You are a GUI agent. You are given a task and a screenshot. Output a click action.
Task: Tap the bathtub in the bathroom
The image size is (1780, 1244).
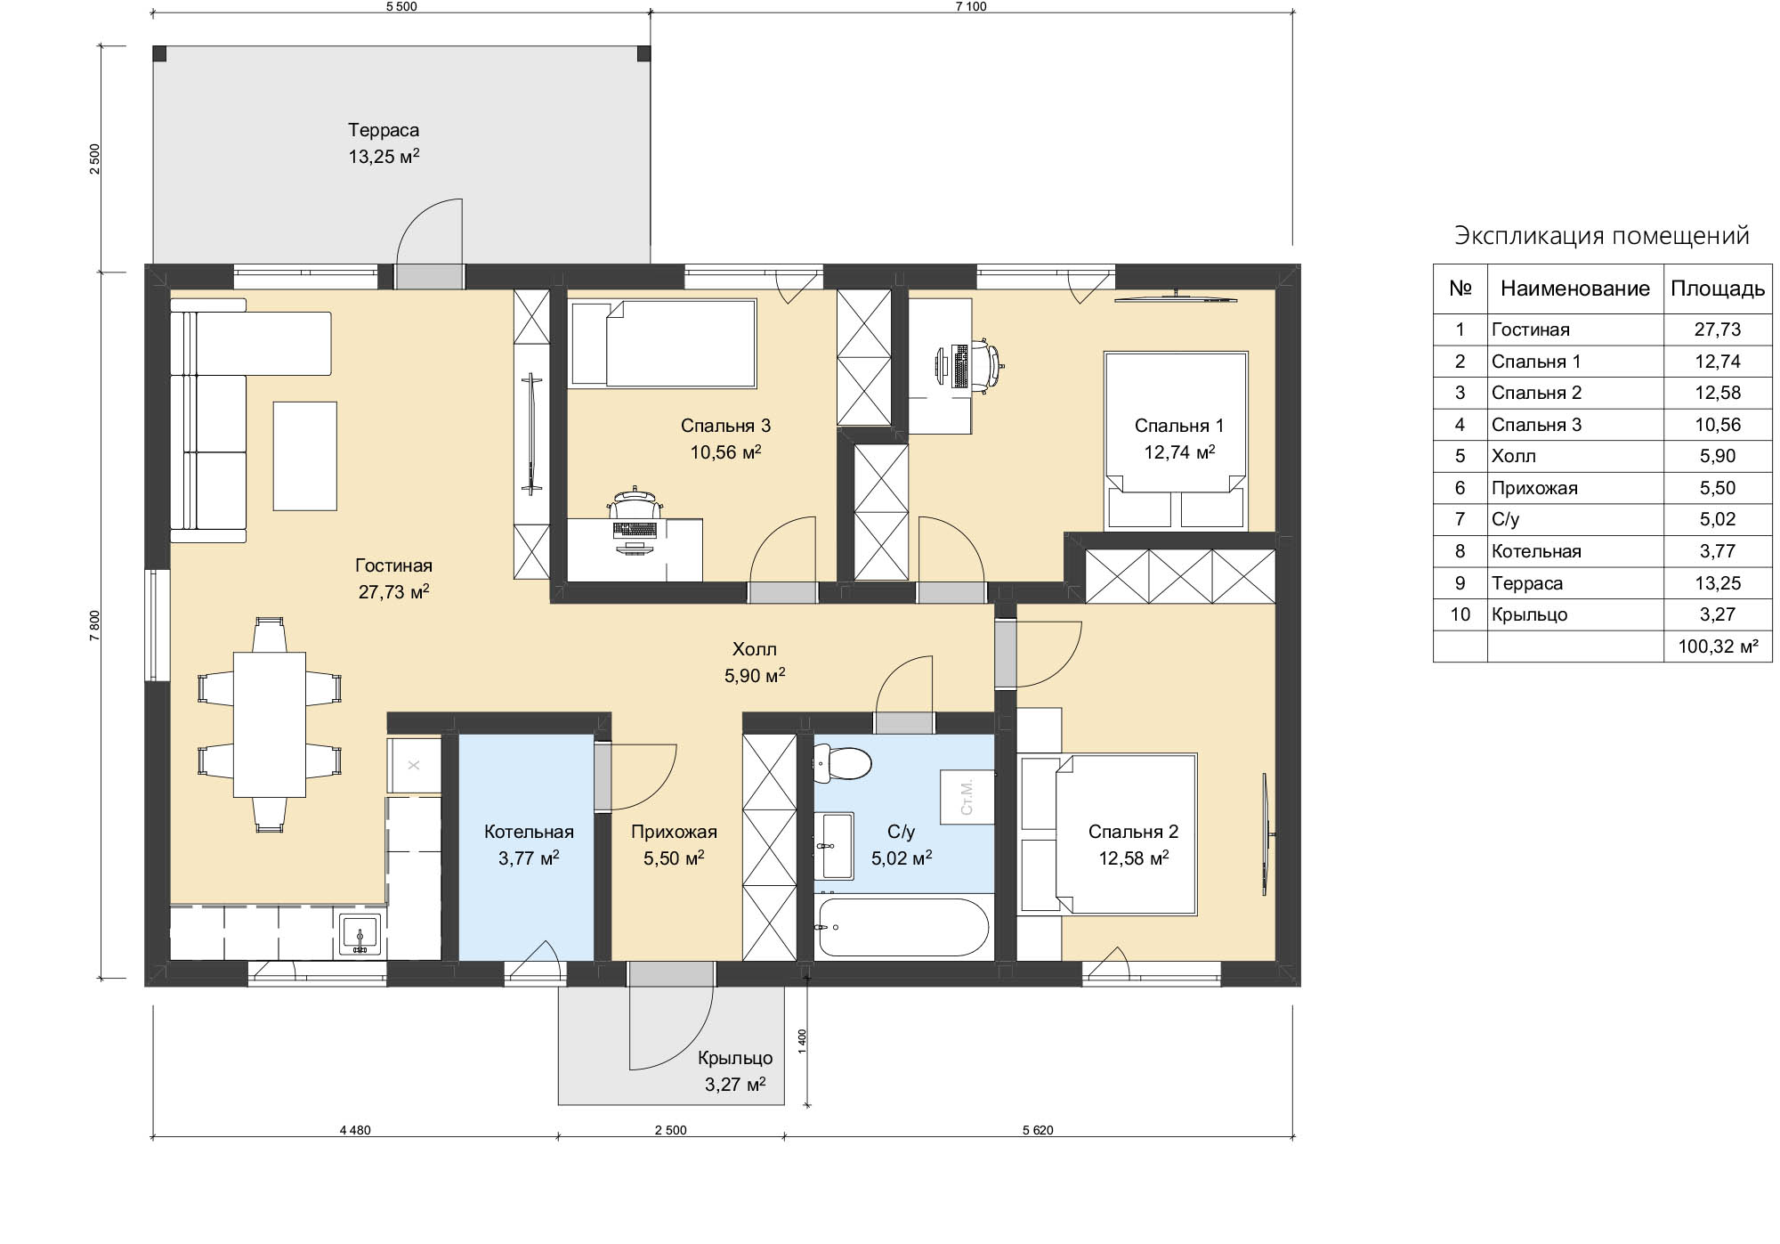point(902,927)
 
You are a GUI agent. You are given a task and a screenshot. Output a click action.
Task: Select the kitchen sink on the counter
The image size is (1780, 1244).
point(360,936)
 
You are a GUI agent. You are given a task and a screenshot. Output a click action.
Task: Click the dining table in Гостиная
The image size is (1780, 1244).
point(270,724)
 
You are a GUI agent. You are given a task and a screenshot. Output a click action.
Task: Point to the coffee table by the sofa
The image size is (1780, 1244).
point(305,456)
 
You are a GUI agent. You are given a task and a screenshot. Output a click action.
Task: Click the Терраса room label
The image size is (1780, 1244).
point(384,130)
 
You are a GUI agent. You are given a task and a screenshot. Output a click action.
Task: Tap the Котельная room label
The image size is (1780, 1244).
point(529,832)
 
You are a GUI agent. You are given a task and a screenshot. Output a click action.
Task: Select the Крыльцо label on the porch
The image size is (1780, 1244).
point(735,1058)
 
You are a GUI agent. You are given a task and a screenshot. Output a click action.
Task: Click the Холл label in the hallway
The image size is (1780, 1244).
point(755,649)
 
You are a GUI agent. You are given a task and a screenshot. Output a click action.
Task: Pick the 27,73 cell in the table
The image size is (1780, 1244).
point(1717,329)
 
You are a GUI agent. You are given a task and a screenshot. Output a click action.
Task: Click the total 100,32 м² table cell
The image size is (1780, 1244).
point(1718,646)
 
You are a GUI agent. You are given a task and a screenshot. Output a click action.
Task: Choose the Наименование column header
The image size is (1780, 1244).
point(1575,289)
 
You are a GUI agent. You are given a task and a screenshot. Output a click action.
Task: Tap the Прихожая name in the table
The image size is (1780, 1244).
point(1534,488)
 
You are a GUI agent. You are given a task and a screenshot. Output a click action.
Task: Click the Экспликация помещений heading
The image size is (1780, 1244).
point(1602,236)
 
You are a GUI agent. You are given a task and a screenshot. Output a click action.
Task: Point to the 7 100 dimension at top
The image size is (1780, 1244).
point(971,6)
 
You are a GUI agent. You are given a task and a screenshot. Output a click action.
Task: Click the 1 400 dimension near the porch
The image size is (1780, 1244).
point(802,1042)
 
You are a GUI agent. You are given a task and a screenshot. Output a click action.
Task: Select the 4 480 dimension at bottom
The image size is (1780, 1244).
point(355,1130)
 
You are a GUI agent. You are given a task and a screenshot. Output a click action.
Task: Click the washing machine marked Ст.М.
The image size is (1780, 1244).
point(967,797)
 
